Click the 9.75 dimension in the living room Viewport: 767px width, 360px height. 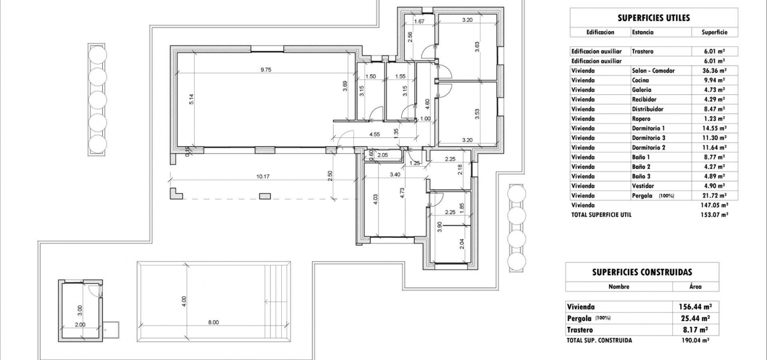tap(266, 70)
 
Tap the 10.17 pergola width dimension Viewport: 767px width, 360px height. tap(263, 177)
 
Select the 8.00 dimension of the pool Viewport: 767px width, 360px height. tap(214, 322)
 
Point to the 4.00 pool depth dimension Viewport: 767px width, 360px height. tap(184, 301)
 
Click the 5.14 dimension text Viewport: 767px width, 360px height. tap(192, 99)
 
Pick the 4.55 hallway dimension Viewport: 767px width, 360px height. tap(375, 135)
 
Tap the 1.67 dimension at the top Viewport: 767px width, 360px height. tap(419, 21)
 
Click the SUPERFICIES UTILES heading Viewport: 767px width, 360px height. tap(654, 18)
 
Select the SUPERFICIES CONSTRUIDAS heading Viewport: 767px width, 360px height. tap(642, 272)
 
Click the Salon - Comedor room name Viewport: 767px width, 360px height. tap(653, 71)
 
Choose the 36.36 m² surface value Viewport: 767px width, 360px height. tap(714, 71)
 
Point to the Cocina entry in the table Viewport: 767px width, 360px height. tap(640, 81)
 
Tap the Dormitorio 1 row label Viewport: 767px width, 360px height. tap(648, 128)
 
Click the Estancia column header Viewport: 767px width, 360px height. tap(642, 32)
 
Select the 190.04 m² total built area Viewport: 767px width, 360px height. tap(696, 341)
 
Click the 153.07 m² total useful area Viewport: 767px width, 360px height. tap(714, 215)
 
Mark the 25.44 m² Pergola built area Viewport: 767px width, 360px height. tap(696, 318)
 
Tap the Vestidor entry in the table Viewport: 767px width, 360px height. tap(642, 186)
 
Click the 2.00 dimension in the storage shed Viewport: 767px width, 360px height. tap(80, 325)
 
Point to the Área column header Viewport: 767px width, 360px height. tap(696, 287)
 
